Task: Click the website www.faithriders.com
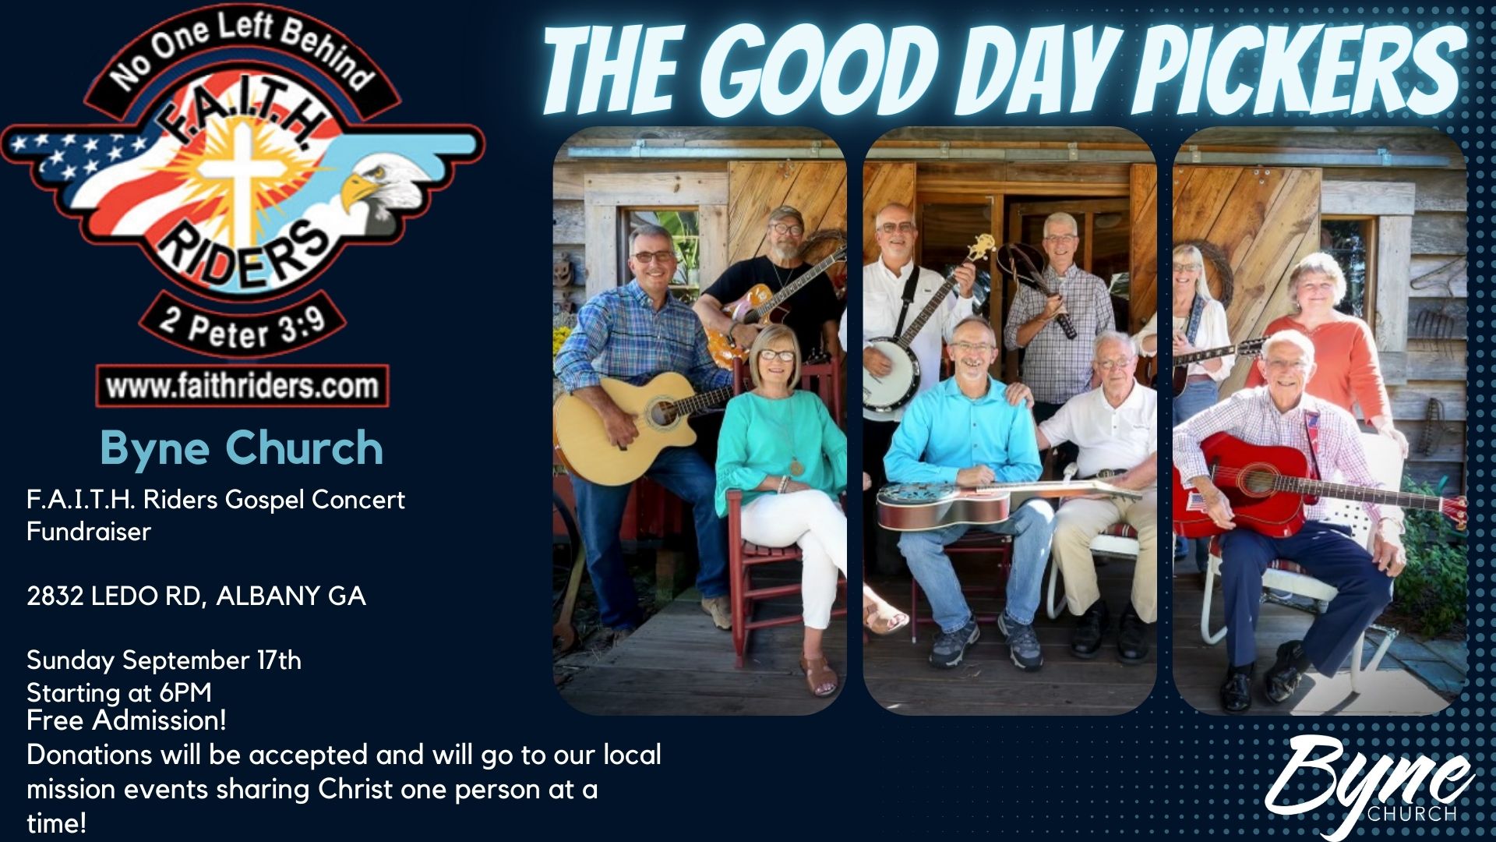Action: click(x=242, y=387)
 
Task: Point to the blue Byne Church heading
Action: click(x=242, y=448)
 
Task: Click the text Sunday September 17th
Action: click(x=164, y=661)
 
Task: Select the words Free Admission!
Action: click(x=126, y=720)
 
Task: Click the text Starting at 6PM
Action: click(x=119, y=692)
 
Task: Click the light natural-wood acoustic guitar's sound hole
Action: click(x=663, y=412)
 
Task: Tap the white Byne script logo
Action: click(x=1371, y=784)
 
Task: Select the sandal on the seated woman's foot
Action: click(x=817, y=675)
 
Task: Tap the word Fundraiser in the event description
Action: click(x=89, y=532)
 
